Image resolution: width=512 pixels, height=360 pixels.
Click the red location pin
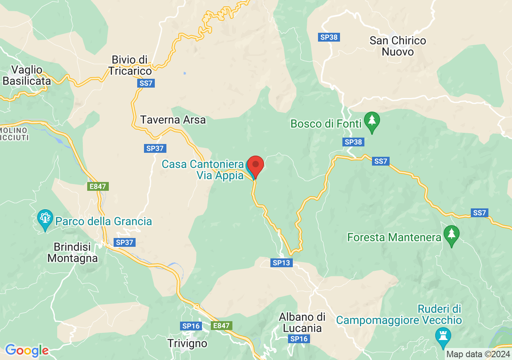point(255,165)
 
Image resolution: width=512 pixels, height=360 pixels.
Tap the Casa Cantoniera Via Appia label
point(202,170)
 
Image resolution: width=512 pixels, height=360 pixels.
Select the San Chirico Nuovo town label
point(398,46)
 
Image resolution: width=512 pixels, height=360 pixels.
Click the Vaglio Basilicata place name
point(27,75)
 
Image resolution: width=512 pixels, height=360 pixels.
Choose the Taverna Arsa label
point(173,120)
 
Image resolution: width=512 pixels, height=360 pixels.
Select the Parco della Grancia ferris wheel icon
point(45,219)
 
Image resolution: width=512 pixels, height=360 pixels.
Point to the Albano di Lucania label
point(302,322)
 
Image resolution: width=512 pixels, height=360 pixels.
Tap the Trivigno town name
point(187,343)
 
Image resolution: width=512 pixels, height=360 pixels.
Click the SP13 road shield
point(282,263)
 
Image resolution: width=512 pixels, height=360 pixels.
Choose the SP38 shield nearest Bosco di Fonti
point(353,142)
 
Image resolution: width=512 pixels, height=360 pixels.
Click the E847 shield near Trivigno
point(221,326)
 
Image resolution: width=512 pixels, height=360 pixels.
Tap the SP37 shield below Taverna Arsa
point(155,148)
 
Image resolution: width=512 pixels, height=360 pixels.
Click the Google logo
point(27,351)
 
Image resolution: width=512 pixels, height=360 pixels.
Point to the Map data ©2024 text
point(478,354)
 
